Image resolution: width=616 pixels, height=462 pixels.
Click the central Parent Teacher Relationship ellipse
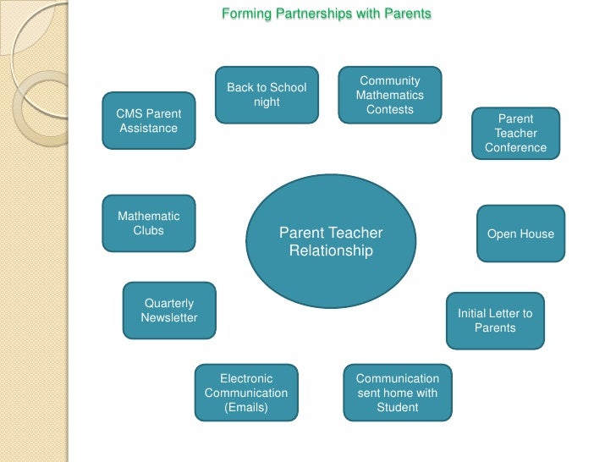[331, 241]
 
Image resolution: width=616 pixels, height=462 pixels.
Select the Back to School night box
[267, 95]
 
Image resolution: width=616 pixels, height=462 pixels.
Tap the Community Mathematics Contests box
[390, 95]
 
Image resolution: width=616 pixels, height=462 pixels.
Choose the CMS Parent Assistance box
[149, 121]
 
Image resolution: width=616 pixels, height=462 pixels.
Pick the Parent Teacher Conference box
[515, 134]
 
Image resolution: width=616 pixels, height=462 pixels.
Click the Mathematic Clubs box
[149, 223]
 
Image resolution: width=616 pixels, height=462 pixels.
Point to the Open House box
[520, 234]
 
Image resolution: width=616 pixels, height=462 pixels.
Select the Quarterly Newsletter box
[169, 311]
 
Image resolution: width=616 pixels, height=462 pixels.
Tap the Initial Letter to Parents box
[495, 321]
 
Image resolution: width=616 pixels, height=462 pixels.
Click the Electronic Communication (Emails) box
[246, 393]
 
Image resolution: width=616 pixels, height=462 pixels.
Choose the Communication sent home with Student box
[398, 393]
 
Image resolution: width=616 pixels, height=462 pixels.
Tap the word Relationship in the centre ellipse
[331, 251]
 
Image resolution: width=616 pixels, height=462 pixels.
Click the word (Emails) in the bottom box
[246, 407]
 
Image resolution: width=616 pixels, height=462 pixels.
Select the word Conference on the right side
[516, 148]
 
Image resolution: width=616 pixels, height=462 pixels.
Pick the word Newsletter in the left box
[169, 318]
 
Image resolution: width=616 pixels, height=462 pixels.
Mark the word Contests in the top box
[390, 110]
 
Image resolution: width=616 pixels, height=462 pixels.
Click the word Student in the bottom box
[398, 407]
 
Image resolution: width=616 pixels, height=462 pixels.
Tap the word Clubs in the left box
[149, 230]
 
